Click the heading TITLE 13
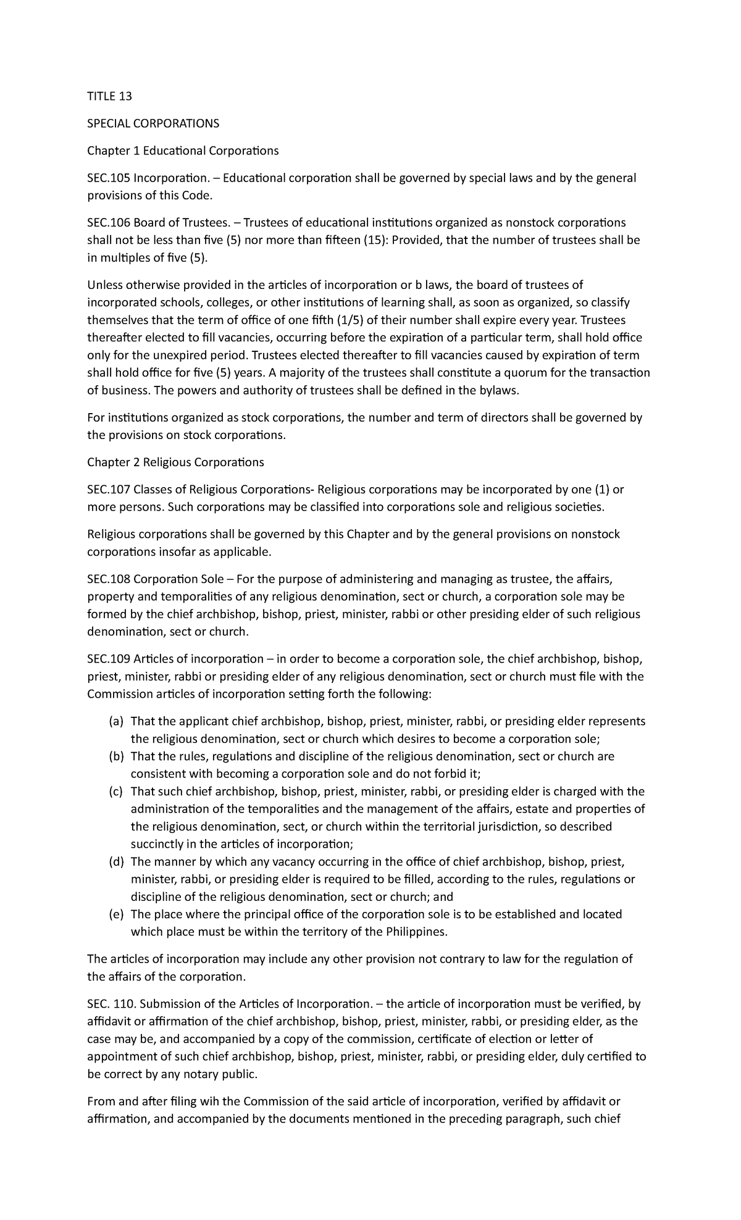(110, 96)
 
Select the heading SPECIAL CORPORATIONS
(153, 123)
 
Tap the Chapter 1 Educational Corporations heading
(183, 151)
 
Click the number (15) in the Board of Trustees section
(372, 240)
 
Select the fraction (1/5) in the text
(349, 320)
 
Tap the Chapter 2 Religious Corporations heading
(175, 462)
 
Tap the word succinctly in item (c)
(156, 844)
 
